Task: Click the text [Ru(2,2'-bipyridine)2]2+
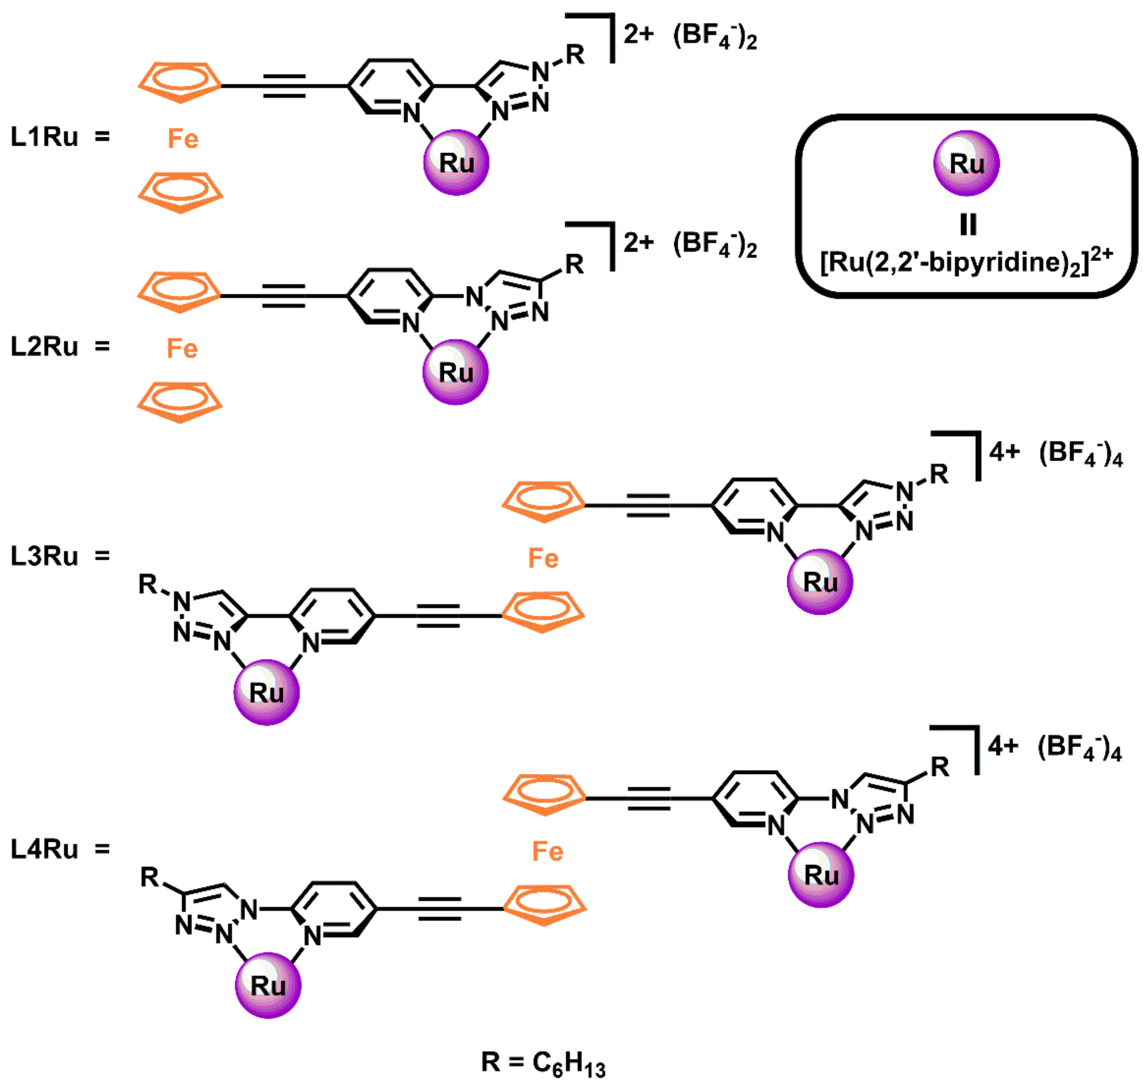[x=966, y=262]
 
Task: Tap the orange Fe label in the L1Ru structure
[x=183, y=139]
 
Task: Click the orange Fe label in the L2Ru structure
[x=182, y=349]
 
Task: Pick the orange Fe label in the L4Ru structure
[x=547, y=852]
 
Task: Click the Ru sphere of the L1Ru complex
[x=457, y=163]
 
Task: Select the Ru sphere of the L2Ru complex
[x=455, y=372]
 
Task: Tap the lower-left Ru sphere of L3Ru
[x=267, y=692]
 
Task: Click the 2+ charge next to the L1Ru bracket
[x=638, y=35]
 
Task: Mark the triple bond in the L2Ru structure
[x=283, y=296]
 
